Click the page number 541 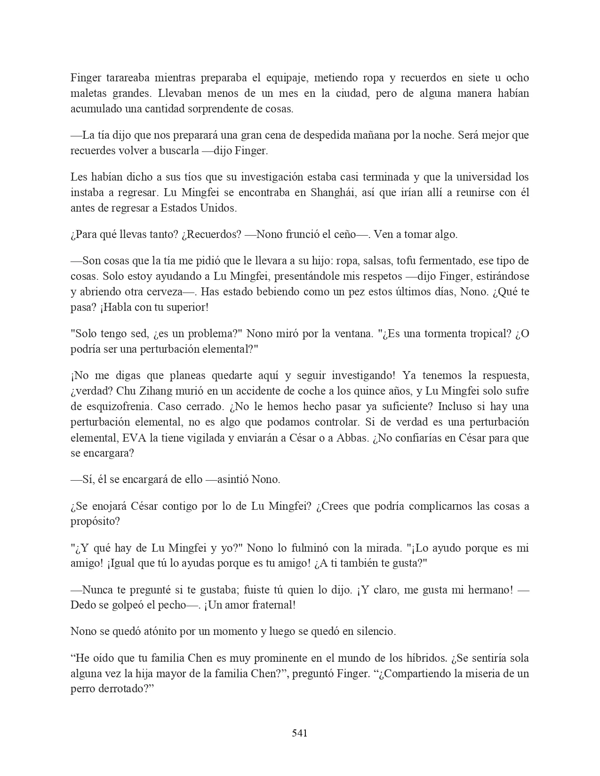(300, 733)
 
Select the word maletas (85, 93)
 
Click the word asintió (233, 480)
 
